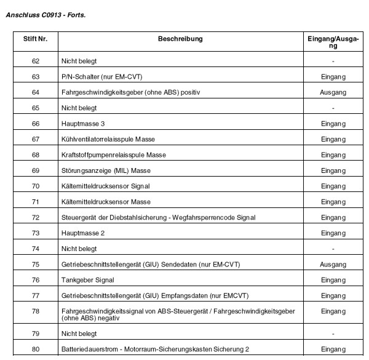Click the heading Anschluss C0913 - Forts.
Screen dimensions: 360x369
(46, 14)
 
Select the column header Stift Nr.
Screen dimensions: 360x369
(35, 39)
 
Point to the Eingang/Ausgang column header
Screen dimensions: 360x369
(333, 42)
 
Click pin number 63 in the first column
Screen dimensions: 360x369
(35, 76)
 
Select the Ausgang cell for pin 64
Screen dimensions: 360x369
(333, 92)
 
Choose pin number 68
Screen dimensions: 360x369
(35, 155)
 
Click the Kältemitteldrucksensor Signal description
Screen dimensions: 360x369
(106, 186)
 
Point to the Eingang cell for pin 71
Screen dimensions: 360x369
(333, 202)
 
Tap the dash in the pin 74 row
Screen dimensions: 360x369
(333, 249)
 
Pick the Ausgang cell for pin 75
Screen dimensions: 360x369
(333, 265)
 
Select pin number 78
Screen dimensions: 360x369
(35, 312)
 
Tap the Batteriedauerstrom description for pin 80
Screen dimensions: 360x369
(155, 350)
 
